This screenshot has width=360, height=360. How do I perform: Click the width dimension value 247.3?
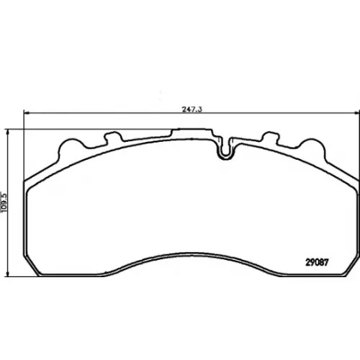click(192, 109)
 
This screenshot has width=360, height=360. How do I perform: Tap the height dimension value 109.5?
click(4, 202)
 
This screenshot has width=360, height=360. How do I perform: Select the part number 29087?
click(317, 262)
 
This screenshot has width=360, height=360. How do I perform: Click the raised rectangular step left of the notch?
click(192, 132)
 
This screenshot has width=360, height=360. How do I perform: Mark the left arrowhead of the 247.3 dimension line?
click(27, 112)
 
